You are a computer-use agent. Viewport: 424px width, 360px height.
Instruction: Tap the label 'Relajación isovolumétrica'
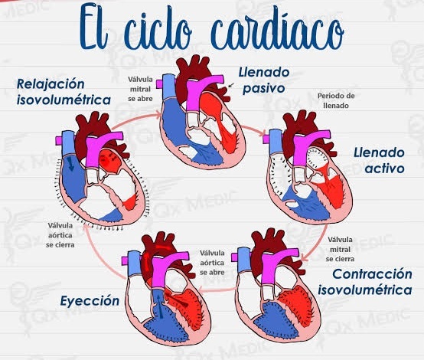[64, 92]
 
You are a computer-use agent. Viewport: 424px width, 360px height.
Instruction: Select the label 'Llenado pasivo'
[264, 80]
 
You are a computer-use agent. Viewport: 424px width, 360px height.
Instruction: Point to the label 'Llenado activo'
[379, 161]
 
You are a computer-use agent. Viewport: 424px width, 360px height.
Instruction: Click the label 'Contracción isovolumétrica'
[365, 282]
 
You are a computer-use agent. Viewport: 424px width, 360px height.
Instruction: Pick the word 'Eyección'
[90, 301]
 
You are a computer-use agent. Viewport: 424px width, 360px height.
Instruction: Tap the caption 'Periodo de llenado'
[336, 100]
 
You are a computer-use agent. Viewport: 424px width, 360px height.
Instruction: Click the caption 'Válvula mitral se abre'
[140, 89]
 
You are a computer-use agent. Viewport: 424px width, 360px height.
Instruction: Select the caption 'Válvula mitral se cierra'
[340, 249]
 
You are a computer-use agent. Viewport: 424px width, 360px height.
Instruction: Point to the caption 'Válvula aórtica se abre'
[212, 263]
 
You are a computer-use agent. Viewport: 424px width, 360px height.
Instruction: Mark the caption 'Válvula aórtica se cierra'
[60, 235]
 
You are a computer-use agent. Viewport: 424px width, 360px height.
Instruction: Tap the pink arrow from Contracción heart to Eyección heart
[217, 290]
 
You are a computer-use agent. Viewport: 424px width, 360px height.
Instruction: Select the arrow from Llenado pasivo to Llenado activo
[253, 129]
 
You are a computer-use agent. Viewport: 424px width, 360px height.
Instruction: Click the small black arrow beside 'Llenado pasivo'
[230, 85]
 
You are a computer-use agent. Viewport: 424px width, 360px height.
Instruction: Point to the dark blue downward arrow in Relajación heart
[71, 163]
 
